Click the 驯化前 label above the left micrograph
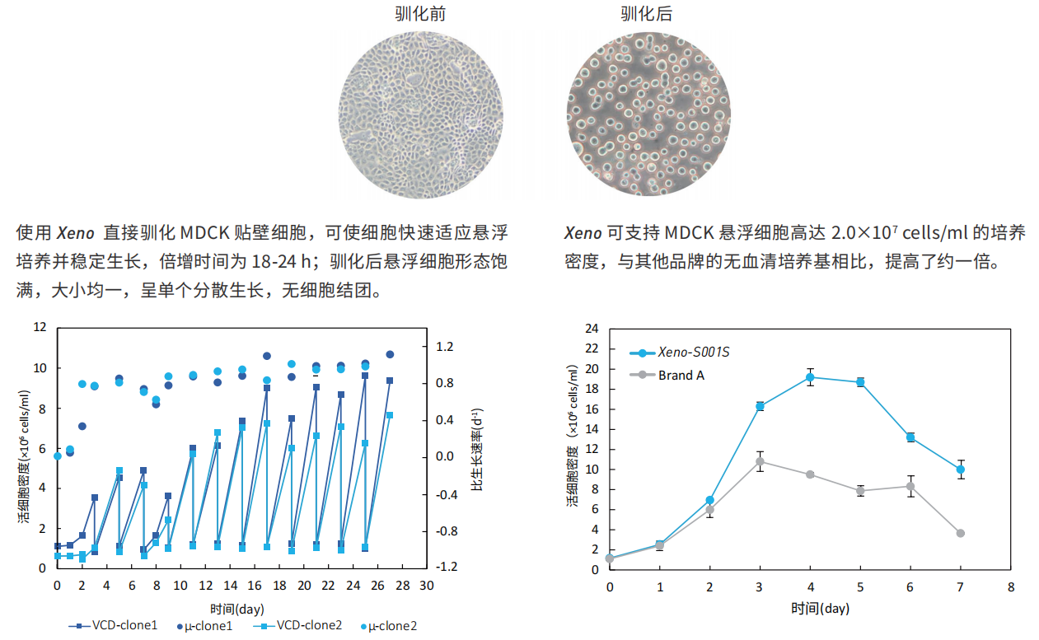pyautogui.click(x=420, y=14)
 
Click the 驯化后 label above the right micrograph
pyautogui.click(x=647, y=14)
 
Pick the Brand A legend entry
pyautogui.click(x=681, y=375)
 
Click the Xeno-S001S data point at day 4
pyautogui.click(x=810, y=377)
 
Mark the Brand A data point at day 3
pyautogui.click(x=760, y=461)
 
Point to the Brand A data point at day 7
pyautogui.click(x=961, y=533)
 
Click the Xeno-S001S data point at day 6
pyautogui.click(x=910, y=437)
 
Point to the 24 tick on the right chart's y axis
pyautogui.click(x=591, y=329)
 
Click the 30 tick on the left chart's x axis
pyautogui.click(x=427, y=586)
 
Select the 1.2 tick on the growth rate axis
pyautogui.click(x=445, y=347)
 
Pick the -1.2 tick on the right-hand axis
pyautogui.click(x=447, y=568)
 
